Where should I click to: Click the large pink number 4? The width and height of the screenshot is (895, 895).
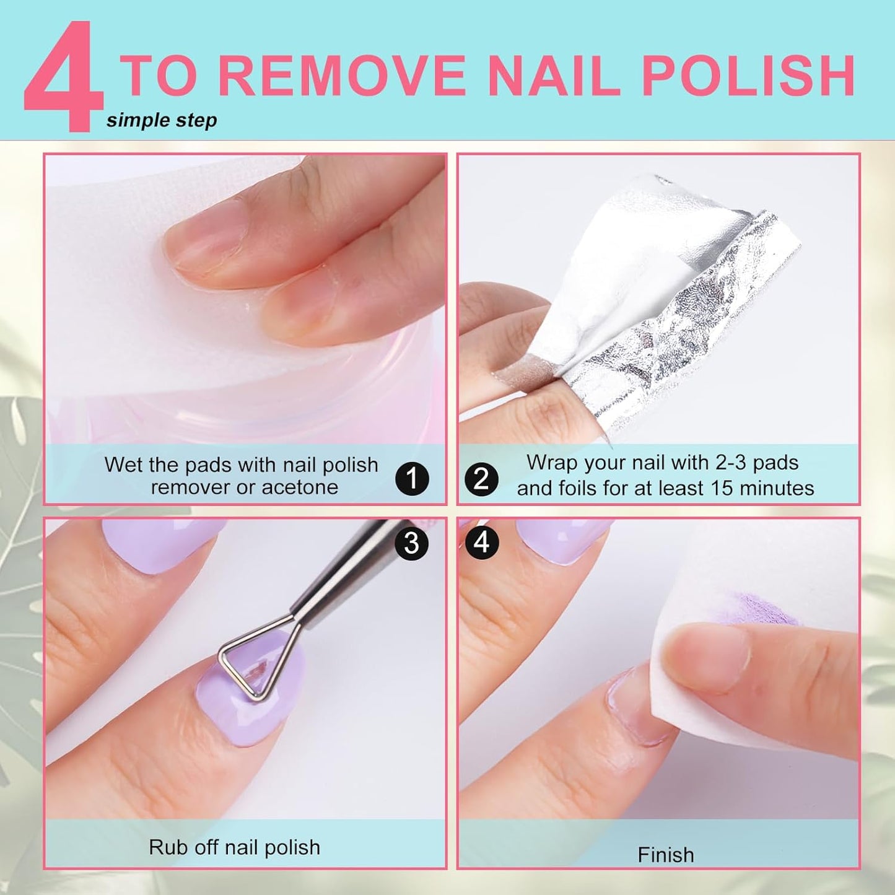(x=63, y=77)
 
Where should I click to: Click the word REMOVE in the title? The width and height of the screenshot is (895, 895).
(x=342, y=76)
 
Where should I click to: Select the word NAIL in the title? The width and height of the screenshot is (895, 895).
(x=553, y=76)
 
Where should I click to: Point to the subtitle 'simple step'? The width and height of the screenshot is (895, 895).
(x=162, y=120)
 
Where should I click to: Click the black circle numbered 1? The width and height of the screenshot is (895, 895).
(x=412, y=479)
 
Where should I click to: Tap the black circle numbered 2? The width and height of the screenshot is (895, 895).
(x=481, y=479)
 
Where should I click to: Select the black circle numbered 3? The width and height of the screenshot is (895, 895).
(x=412, y=543)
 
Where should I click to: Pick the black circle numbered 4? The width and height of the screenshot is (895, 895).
(x=481, y=543)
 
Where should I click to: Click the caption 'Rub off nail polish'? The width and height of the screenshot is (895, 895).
(x=234, y=847)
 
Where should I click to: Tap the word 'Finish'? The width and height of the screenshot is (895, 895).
(x=666, y=855)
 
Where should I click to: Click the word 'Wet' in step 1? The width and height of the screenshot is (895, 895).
(x=123, y=465)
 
